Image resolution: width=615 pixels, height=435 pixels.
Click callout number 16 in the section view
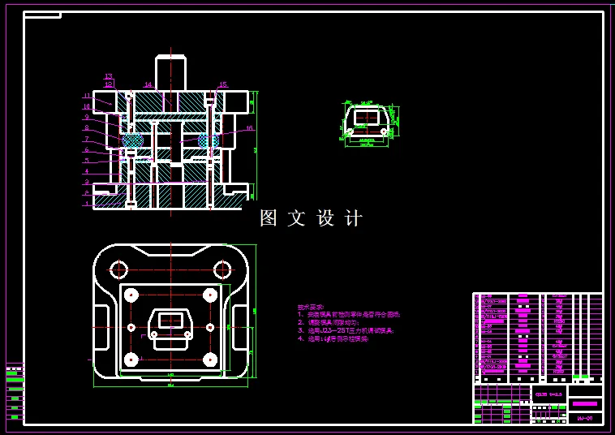pyautogui.click(x=249, y=128)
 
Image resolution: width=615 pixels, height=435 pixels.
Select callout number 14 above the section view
pyautogui.click(x=148, y=84)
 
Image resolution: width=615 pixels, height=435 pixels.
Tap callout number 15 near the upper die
pyautogui.click(x=223, y=84)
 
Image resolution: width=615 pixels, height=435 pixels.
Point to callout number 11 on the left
pyautogui.click(x=86, y=96)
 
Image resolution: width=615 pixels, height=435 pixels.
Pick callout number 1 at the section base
pyautogui.click(x=86, y=204)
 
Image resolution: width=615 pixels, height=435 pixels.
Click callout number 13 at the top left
pyautogui.click(x=108, y=76)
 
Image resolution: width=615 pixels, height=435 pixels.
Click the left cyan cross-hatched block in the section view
pyautogui.click(x=132, y=140)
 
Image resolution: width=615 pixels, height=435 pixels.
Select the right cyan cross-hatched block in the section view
pyautogui.click(x=209, y=140)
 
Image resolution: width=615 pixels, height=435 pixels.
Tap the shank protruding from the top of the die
pyautogui.click(x=171, y=71)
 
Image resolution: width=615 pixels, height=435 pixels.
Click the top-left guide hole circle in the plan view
pyautogui.click(x=118, y=269)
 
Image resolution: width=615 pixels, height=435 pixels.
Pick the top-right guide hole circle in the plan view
pyautogui.click(x=221, y=269)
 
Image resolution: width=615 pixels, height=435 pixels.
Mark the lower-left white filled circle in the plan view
pyautogui.click(x=131, y=358)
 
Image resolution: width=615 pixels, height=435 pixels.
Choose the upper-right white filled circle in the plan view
pyautogui.click(x=210, y=294)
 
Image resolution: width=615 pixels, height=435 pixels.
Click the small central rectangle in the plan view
pyautogui.click(x=170, y=320)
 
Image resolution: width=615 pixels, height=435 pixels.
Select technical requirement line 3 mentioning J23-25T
pyautogui.click(x=346, y=330)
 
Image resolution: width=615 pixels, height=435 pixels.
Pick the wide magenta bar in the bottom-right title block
pyautogui.click(x=584, y=403)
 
